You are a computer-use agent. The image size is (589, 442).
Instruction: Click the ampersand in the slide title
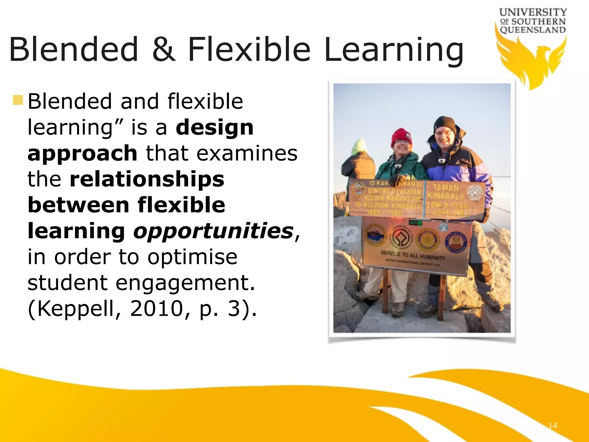pos(164,49)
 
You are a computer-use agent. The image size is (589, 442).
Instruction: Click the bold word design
pos(215,127)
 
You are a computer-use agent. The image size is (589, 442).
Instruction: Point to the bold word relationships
pos(147,179)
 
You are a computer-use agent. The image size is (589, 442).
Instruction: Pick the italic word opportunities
pos(213,231)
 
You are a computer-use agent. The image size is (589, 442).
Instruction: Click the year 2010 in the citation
pos(156,308)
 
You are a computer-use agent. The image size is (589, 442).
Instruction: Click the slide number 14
pos(552,425)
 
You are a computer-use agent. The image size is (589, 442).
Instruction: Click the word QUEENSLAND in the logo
pos(533,30)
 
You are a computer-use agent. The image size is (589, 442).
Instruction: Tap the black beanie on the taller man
pos(444,124)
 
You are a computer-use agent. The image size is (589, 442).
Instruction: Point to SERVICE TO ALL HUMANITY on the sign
pos(413,255)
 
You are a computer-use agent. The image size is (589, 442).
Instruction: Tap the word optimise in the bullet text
pos(192,257)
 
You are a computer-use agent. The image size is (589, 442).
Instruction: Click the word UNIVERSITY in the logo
pos(533,12)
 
